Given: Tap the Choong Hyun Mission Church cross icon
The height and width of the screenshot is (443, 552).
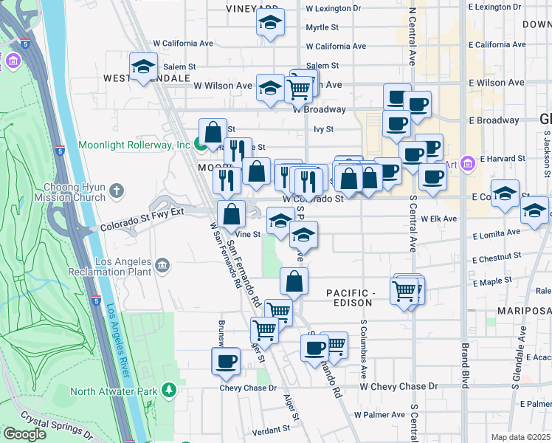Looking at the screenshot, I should click(116, 192).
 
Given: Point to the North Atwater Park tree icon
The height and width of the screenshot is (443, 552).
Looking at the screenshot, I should click(170, 388).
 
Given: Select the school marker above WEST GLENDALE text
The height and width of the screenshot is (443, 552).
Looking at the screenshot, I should click(143, 68).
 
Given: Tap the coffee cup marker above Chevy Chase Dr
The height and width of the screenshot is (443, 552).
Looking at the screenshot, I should click(226, 362).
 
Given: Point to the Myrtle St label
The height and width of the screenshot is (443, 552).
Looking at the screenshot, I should click(322, 27).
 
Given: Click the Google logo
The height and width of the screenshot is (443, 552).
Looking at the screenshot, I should click(24, 434).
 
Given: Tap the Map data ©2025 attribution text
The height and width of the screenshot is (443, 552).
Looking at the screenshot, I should click(520, 437).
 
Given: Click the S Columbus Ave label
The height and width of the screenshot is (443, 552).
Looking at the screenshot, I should click(364, 346).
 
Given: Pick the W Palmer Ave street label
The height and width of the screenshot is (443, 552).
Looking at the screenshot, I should click(384, 414).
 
